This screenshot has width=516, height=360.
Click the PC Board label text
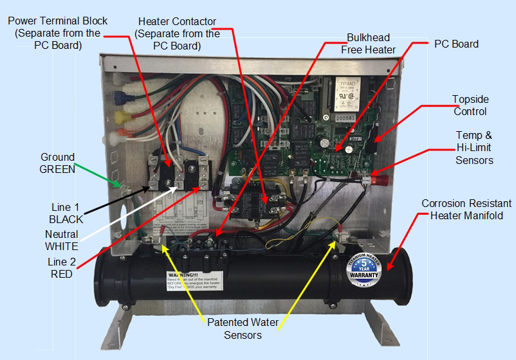coord(456,44)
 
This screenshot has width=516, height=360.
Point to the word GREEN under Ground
coord(57,170)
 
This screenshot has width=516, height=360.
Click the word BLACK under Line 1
coord(66,219)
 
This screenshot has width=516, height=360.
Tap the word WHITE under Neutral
coord(62,246)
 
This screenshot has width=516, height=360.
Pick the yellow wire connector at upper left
coord(120,117)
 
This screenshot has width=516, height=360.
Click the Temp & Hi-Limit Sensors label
coord(474,148)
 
